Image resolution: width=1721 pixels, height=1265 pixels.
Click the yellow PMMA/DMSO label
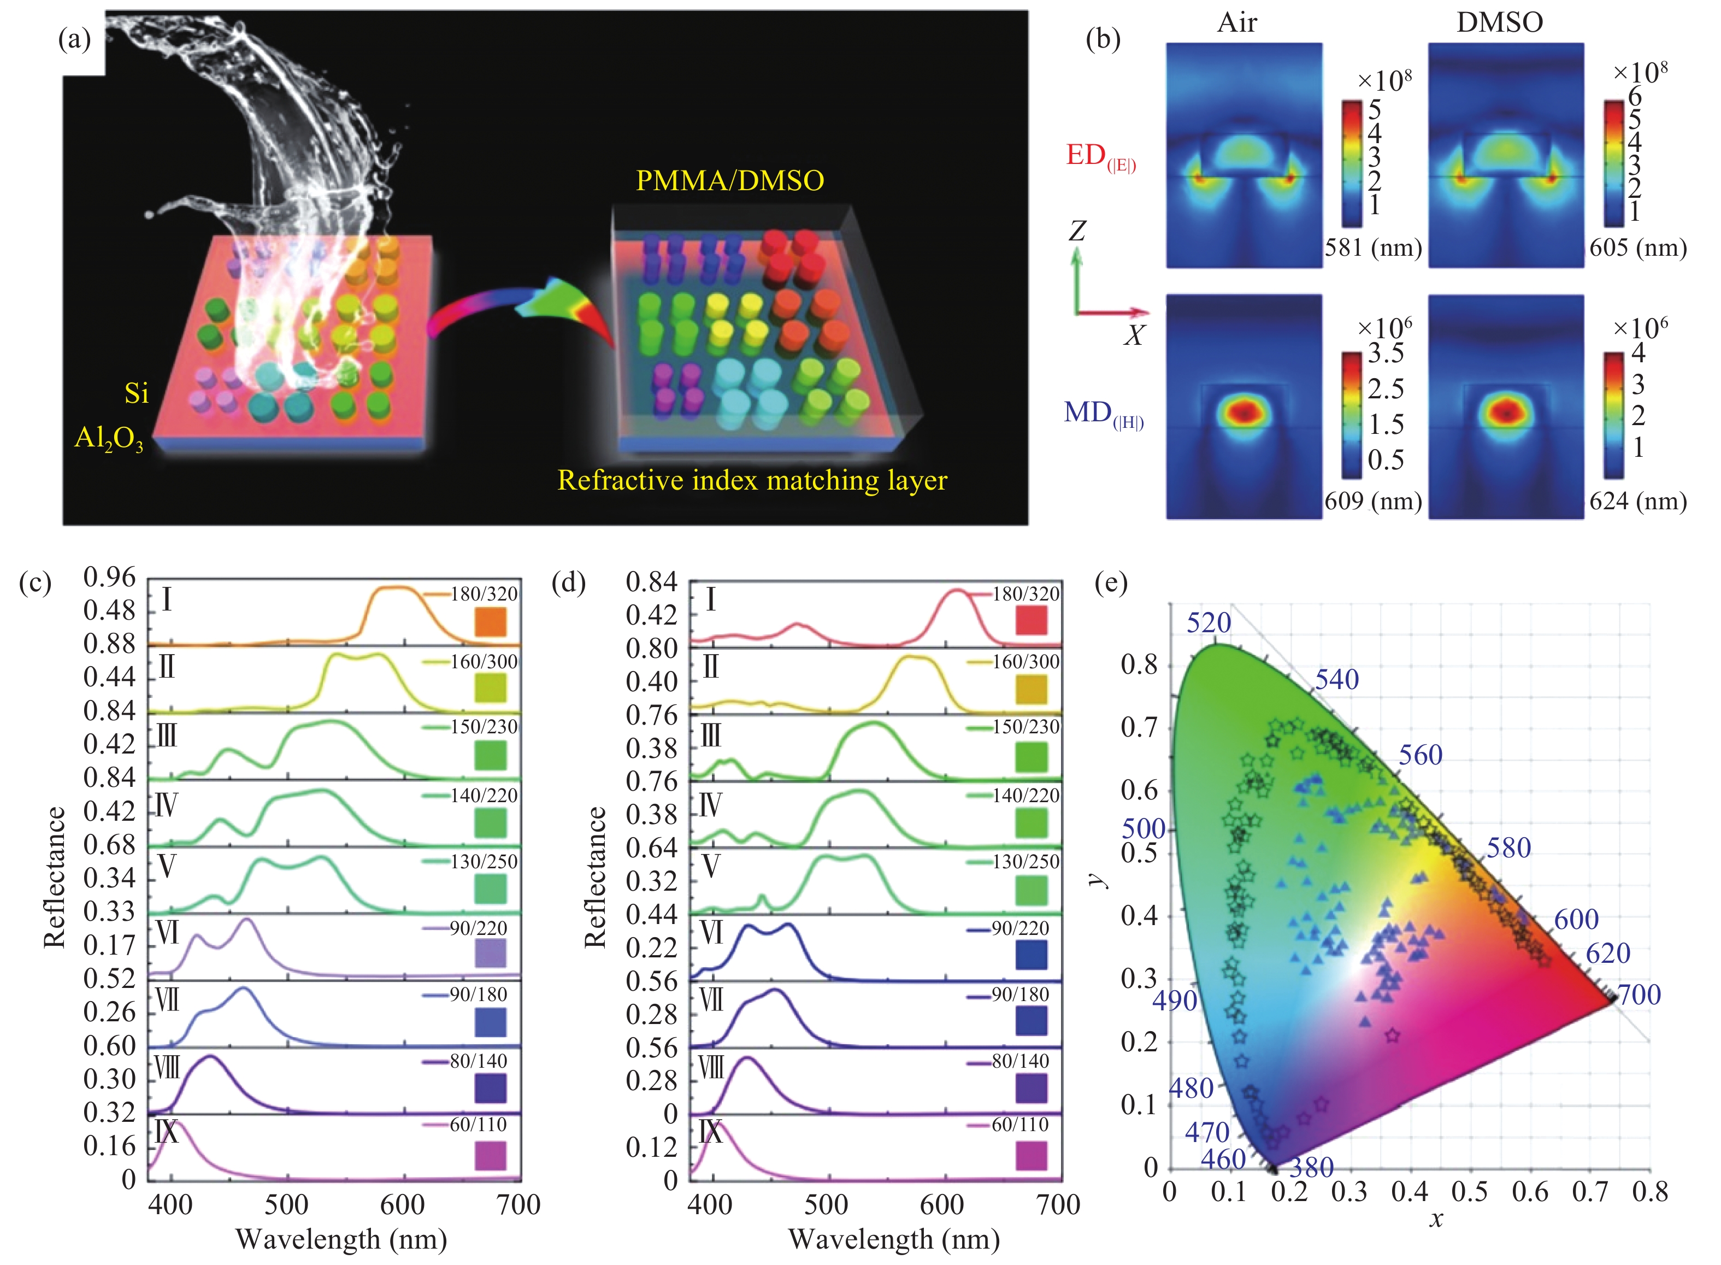[x=729, y=181]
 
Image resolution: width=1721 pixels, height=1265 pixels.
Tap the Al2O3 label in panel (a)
[x=109, y=439]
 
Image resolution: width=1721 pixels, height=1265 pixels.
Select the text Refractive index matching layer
[x=752, y=480]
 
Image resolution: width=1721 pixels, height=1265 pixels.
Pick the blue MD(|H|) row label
[x=1103, y=414]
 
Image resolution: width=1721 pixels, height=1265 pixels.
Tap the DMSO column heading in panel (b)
[x=1499, y=22]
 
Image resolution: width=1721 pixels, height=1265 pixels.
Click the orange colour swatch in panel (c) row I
[x=490, y=622]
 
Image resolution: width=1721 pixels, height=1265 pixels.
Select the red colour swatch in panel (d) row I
[x=1030, y=620]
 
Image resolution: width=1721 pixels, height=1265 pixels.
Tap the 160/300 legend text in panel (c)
[x=484, y=662]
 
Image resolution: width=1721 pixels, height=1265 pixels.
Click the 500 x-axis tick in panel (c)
[x=286, y=1204]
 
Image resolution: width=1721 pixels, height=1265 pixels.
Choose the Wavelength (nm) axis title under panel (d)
[x=893, y=1239]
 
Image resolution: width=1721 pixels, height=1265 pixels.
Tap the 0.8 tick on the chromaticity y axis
[x=1139, y=664]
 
